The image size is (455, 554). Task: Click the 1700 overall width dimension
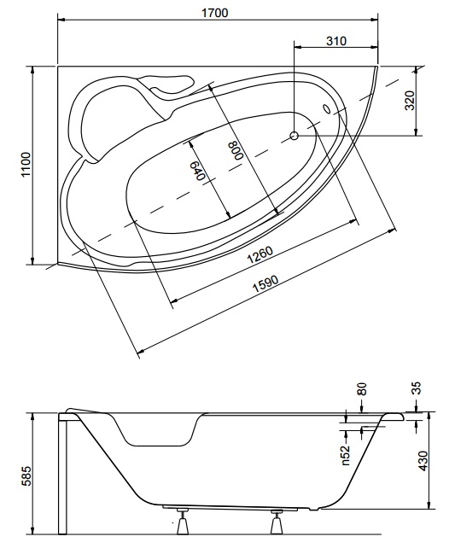tap(215, 13)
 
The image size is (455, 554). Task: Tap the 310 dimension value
tap(336, 41)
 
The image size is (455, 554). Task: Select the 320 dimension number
tap(409, 101)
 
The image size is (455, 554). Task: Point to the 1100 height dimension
tap(26, 165)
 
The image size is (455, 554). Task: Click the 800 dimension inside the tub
tap(236, 151)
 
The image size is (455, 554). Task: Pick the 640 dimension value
tap(196, 171)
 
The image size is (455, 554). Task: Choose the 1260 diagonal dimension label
tap(260, 255)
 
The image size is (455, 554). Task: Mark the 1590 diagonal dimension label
tap(265, 283)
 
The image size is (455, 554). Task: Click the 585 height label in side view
tap(26, 476)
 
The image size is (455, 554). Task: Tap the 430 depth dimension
tap(423, 461)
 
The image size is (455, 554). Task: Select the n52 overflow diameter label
tap(346, 455)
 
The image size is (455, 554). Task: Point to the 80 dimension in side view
tap(362, 389)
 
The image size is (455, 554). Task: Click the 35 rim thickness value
tap(417, 388)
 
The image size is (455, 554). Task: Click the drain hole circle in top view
tap(295, 136)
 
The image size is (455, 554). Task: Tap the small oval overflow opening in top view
tap(327, 108)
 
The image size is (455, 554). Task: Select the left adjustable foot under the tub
tap(183, 521)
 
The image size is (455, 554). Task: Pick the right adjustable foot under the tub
tap(277, 522)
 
